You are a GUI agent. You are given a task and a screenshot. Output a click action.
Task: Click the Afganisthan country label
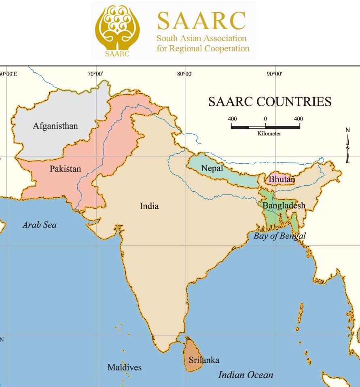[x=55, y=126]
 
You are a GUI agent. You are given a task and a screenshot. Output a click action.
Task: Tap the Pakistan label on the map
[x=66, y=169]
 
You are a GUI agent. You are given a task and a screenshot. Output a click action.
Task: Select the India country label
[x=149, y=206]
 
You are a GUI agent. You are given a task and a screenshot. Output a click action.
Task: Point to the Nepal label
[x=212, y=168]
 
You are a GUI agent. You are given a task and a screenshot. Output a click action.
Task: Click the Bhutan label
[x=282, y=179]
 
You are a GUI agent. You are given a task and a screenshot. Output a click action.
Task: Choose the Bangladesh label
[x=284, y=206]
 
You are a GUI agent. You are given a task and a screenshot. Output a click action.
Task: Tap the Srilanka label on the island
[x=204, y=360]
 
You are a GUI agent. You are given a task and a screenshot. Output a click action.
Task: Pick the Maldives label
[x=125, y=368]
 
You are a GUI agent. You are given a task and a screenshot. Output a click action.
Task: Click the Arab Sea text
[x=39, y=225]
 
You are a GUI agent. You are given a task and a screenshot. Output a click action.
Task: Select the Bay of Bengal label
[x=280, y=236]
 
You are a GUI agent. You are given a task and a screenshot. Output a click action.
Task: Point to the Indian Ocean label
[x=246, y=375]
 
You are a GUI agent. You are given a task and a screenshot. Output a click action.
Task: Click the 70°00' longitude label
[x=96, y=74]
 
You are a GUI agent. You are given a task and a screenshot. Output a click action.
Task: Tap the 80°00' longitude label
[x=185, y=74]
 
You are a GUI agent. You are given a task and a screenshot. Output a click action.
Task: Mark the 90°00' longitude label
[x=274, y=74]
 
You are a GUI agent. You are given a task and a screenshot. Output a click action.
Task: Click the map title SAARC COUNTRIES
[x=270, y=102]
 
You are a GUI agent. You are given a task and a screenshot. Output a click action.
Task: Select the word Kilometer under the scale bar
[x=269, y=133]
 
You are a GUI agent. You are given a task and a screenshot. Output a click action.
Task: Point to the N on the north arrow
[x=347, y=130]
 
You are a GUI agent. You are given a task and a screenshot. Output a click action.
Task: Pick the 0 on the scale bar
[x=265, y=119]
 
